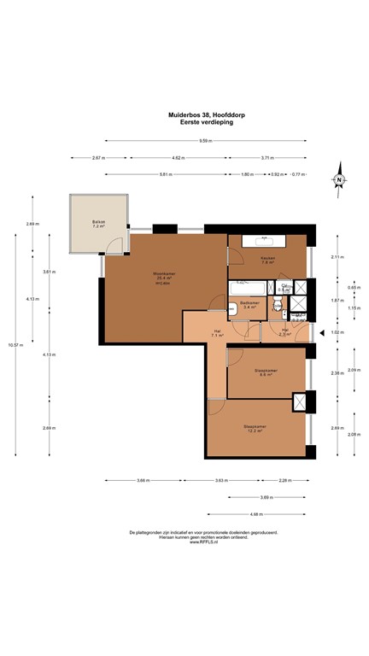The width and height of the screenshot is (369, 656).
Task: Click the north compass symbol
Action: click(x=339, y=179)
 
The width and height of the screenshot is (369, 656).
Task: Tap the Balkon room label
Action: click(x=99, y=225)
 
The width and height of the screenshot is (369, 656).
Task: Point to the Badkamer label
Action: click(x=249, y=304)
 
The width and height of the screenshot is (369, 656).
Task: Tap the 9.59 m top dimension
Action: click(x=205, y=141)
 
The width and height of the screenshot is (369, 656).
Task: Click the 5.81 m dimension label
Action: click(x=165, y=174)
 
